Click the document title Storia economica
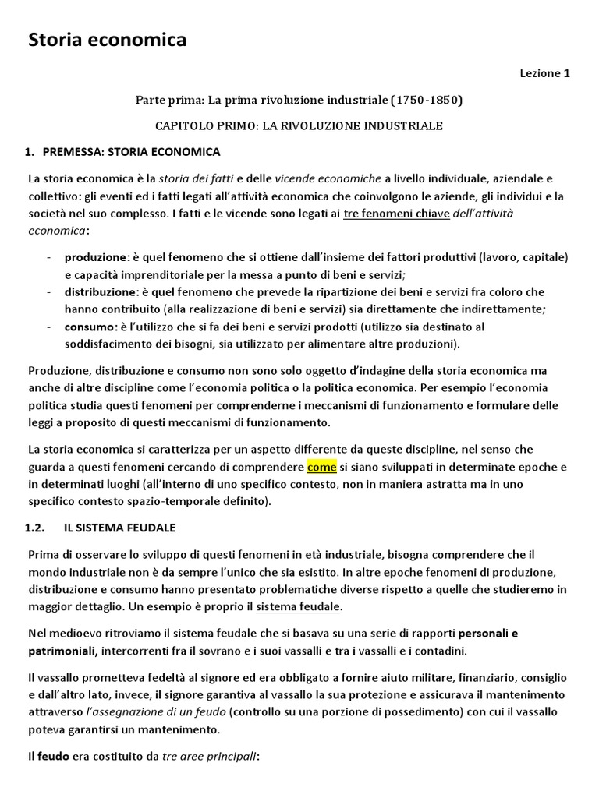pos(108,40)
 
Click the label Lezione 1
pos(545,74)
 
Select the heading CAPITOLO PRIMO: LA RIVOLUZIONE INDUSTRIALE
pos(299,125)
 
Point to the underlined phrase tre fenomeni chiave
pos(396,214)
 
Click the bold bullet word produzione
pos(97,257)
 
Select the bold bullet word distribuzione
pos(101,292)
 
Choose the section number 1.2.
pos(37,528)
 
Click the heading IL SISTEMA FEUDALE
pos(119,528)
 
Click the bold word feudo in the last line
pos(52,756)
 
